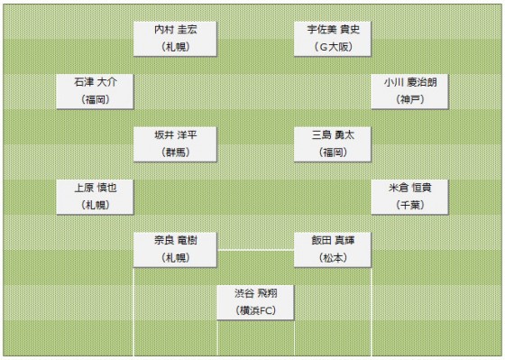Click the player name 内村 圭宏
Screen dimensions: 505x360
(x=175, y=29)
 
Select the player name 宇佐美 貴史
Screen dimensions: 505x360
(x=333, y=29)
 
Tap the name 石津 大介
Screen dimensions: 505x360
(x=95, y=82)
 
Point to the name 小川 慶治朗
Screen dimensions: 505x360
(x=409, y=82)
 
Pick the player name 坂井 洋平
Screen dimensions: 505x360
(x=175, y=134)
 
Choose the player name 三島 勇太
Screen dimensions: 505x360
(x=333, y=134)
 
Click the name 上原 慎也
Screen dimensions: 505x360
(x=95, y=188)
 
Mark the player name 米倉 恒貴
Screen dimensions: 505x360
(x=409, y=188)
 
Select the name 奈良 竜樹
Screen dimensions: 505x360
(x=175, y=240)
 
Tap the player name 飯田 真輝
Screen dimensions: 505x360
(x=333, y=240)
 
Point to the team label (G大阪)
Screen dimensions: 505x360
(x=333, y=47)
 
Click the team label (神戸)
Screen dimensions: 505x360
(x=409, y=99)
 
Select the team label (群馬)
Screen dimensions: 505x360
(x=175, y=152)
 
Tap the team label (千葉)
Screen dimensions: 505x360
(x=409, y=205)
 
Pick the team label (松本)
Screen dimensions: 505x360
(x=333, y=258)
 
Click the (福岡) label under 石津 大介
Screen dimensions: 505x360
(x=95, y=99)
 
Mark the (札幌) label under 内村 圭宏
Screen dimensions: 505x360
(x=175, y=47)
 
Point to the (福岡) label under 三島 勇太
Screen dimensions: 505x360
(x=333, y=152)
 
